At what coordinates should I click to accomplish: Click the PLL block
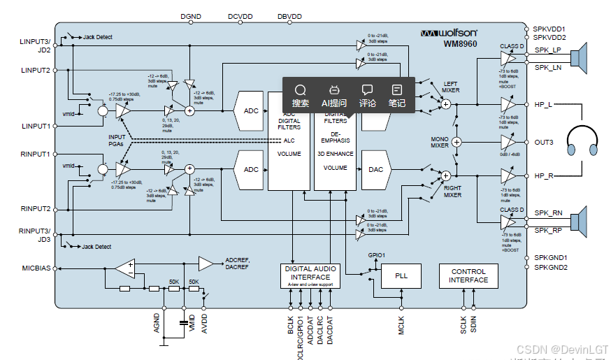point(401,276)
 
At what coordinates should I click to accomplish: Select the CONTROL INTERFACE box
point(468,276)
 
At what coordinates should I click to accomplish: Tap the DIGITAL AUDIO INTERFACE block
point(310,276)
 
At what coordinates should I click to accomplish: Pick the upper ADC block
point(250,110)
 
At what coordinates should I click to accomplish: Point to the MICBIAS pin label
point(36,267)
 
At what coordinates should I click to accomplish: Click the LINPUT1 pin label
point(36,127)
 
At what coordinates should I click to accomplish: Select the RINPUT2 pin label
point(36,208)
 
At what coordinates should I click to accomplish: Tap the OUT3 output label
point(544,143)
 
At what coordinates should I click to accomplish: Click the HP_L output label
point(543,105)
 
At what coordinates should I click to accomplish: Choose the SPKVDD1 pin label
point(549,29)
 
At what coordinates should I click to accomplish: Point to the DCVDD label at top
point(240,15)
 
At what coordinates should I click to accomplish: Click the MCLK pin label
point(401,326)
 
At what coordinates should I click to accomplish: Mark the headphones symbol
point(582,142)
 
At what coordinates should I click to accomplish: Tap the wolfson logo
point(449,33)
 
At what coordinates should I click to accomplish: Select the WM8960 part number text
point(460,43)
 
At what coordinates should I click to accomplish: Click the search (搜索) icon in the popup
point(301,95)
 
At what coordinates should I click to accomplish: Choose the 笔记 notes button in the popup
point(397,95)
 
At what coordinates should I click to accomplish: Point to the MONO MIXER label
point(439,142)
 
